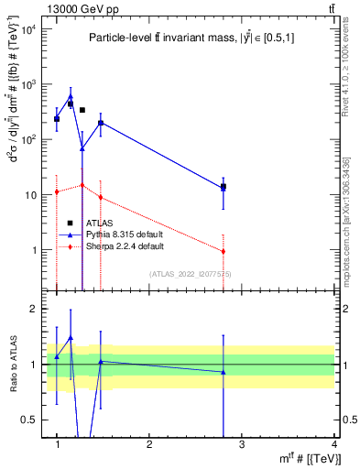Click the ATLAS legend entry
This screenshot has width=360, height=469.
(98, 223)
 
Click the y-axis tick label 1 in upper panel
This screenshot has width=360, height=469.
(35, 250)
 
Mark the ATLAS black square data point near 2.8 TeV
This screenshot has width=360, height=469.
(224, 186)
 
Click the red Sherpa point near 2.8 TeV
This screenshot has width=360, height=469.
(224, 251)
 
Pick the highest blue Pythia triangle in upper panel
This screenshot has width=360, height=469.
(71, 96)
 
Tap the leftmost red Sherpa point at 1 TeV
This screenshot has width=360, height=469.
(57, 191)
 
